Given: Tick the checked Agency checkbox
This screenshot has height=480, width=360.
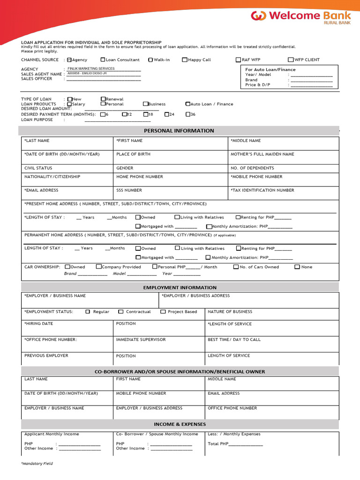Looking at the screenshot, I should pos(69,60).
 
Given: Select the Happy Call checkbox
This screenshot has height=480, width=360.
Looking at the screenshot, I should pos(185,60).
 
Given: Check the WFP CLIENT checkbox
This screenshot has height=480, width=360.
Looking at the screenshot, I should pos(291,60).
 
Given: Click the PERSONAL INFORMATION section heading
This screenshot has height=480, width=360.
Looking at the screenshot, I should pos(179,131).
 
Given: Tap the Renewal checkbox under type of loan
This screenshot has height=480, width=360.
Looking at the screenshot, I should pos(103,99).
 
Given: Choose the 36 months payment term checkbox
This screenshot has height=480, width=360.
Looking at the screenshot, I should pos(188,114).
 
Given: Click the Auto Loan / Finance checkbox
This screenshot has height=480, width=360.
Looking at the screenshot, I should pos(188,104).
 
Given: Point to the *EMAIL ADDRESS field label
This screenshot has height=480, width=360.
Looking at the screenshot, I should pos(41,190).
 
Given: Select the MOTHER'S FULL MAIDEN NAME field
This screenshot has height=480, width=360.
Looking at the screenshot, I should pos(262,154).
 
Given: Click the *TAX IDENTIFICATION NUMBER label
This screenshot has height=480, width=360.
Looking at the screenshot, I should pos(262,190).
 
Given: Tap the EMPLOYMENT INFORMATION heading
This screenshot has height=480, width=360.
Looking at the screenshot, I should pos(180,287).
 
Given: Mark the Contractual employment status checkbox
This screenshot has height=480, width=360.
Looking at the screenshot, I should pos(121,312).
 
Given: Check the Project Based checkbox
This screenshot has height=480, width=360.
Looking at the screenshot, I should pos(163,312).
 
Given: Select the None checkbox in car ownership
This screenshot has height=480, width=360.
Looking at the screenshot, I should pos(297,267).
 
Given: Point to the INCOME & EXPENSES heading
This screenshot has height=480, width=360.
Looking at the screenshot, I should pos(180,424).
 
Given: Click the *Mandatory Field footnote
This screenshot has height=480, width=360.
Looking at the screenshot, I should pos(37,464).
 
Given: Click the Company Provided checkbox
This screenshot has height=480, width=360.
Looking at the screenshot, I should pos(99,267).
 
